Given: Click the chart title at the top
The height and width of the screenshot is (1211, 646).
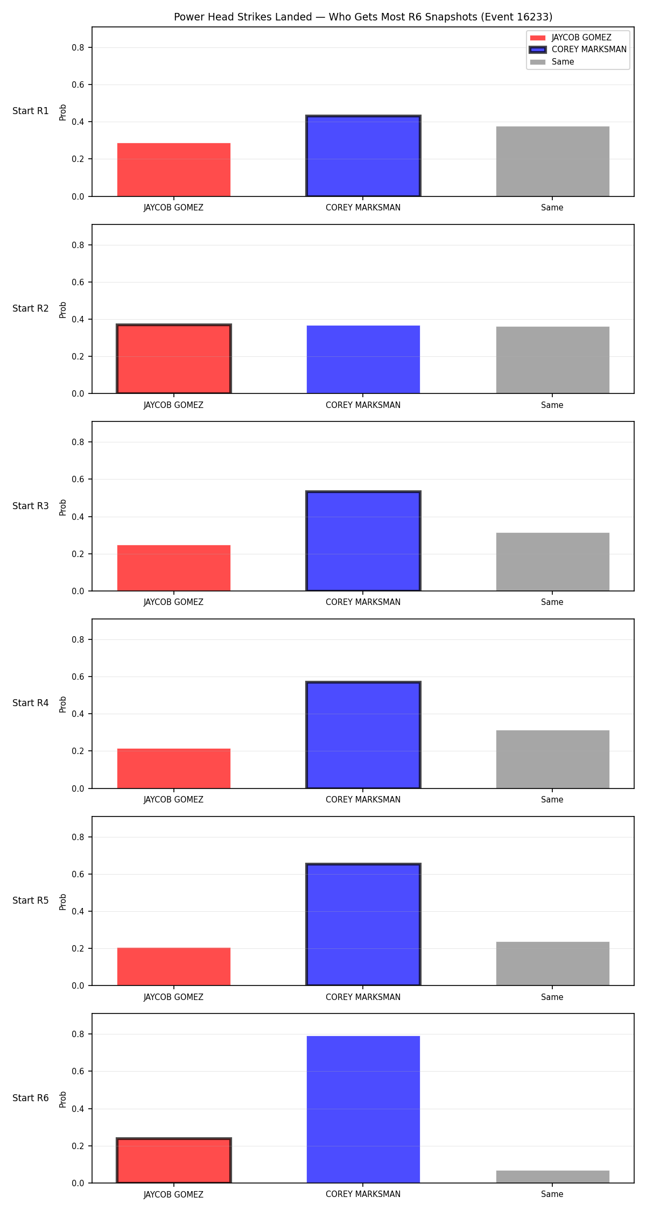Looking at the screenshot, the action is pos(363,17).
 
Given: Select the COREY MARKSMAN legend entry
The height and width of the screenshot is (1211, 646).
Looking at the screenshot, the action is pos(578,50).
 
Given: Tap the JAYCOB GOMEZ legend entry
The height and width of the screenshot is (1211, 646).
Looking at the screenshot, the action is pos(571,38).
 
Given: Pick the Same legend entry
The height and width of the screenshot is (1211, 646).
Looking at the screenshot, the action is pos(552,62).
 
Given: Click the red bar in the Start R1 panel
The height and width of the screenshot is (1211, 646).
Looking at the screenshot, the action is pos(174,170).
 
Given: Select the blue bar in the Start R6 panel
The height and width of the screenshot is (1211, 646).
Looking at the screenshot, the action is pos(363,1109).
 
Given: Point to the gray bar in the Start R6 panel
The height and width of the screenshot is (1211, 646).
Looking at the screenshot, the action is pos(553,1177).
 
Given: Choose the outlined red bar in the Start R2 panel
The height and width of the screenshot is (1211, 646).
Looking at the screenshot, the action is pos(174,359).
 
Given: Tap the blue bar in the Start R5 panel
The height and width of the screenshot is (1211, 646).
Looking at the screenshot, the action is pos(363,925).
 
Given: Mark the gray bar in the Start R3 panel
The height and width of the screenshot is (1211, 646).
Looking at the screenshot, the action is pos(553,562).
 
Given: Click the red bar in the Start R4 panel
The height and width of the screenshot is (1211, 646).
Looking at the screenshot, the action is pos(174,769).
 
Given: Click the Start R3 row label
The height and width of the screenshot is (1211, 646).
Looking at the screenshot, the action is pos(31,506).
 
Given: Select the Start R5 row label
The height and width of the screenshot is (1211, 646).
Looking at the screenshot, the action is pos(31,900).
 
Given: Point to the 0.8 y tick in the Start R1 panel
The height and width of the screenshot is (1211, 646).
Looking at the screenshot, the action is pos(79,47).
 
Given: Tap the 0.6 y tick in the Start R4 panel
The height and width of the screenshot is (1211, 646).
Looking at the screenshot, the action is pos(79,677).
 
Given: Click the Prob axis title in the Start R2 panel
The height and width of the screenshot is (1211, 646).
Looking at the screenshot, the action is pos(63,309).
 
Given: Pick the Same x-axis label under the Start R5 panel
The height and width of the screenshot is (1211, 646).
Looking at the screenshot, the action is pos(552,997).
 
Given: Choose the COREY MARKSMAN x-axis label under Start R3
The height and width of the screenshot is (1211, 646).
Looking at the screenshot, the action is pos(363,602).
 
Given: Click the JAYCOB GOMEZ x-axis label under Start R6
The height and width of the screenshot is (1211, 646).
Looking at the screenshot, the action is pos(174,1194).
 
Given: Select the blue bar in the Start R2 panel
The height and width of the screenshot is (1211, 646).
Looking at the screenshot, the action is pos(363,360).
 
